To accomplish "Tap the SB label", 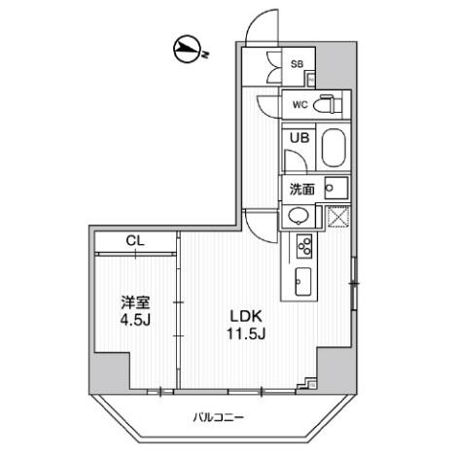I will point(299,64).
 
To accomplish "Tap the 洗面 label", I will point(300,189).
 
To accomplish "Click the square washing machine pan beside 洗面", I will point(336,189).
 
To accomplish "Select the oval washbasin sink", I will point(301,216).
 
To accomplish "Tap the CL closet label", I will point(135,241).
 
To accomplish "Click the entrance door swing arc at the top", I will point(255,29).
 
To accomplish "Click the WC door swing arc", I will point(268,108).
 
